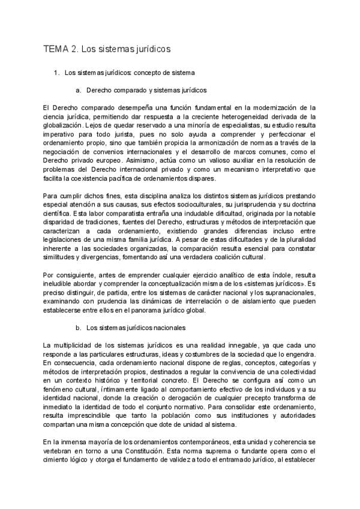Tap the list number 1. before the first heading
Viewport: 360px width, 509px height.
(56, 73)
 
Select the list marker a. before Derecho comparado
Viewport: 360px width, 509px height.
(79, 91)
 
